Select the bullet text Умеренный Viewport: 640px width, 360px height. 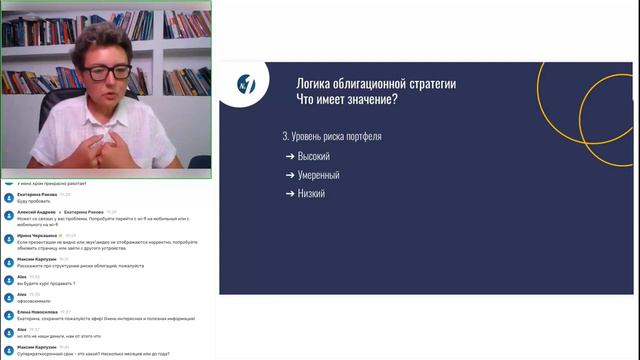pyautogui.click(x=318, y=175)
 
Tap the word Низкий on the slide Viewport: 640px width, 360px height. pyautogui.click(x=311, y=193)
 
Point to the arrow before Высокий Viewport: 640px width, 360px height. pyautogui.click(x=290, y=156)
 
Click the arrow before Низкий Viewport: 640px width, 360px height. pyautogui.click(x=290, y=193)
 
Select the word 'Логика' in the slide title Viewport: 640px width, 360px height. pyautogui.click(x=317, y=83)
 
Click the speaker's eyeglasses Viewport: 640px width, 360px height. pyautogui.click(x=108, y=73)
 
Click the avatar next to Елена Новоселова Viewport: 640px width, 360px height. pyautogui.click(x=8, y=314)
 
